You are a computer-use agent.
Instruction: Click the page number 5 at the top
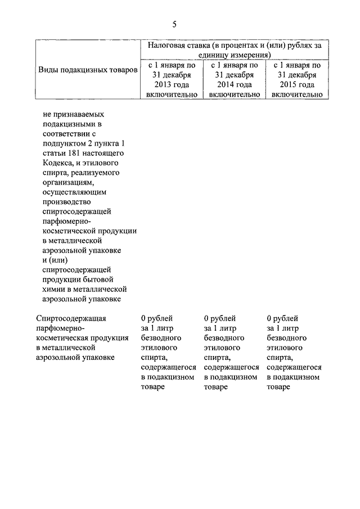tap(174, 24)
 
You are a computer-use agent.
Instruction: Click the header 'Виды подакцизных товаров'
tap(87, 70)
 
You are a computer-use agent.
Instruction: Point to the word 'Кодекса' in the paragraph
tap(57, 163)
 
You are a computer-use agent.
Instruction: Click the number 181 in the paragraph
tap(75, 153)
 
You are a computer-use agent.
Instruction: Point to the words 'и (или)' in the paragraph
tap(55, 260)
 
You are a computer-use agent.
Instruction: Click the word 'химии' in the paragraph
tap(53, 289)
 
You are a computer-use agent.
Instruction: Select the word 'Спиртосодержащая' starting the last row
tap(70, 318)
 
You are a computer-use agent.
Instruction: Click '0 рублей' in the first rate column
tap(157, 318)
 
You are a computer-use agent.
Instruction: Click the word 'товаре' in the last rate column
tap(278, 387)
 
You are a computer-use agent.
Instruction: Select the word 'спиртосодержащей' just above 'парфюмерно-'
tap(76, 211)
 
